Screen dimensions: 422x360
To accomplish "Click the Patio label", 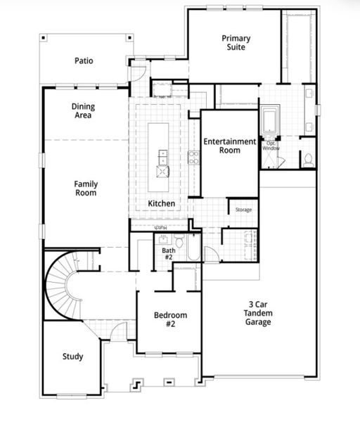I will point(84,60).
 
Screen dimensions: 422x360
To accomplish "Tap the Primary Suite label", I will point(236,44).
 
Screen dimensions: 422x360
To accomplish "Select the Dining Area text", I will point(83,111).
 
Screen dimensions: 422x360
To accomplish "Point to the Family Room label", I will point(86,188).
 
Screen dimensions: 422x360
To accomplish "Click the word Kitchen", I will point(161,204).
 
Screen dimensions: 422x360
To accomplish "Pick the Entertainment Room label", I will point(230,146).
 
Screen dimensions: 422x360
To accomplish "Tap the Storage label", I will point(243,210).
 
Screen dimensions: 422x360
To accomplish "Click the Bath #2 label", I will point(168,254).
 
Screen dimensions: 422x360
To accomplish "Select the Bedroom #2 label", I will point(169,319).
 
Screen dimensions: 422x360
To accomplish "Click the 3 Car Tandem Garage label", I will point(258,312).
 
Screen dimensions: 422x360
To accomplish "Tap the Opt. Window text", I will point(270,146).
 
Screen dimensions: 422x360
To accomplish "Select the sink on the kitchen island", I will point(163,169).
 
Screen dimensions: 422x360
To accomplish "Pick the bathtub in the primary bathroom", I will point(270,120).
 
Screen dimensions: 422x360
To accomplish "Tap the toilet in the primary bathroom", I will point(307,159).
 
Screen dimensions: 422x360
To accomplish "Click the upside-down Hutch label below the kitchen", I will point(160,227).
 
